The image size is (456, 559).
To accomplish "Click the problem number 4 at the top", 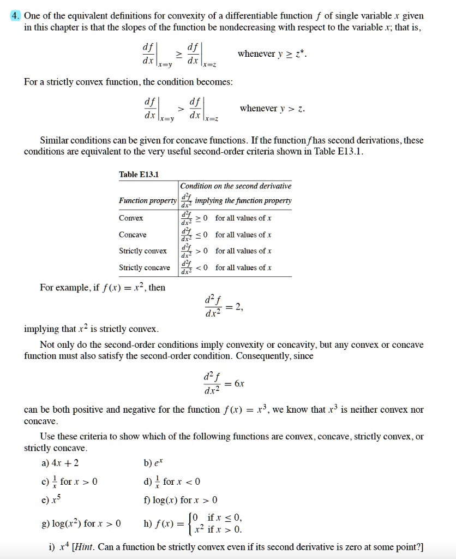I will [16, 16].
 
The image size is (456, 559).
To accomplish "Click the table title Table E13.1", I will [139, 174].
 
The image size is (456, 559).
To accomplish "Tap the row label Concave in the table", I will [133, 235].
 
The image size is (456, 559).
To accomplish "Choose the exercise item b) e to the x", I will [151, 464].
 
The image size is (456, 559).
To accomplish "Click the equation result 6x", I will [239, 384].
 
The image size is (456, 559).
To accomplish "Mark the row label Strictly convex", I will [143, 251].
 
